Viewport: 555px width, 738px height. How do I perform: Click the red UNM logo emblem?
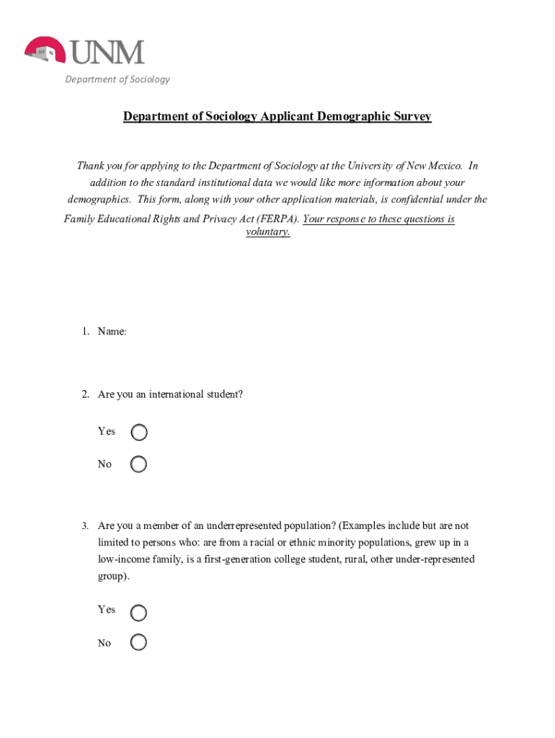pyautogui.click(x=45, y=51)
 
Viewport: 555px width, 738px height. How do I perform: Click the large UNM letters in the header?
pyautogui.click(x=108, y=53)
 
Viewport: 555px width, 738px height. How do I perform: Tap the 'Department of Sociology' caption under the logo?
pyautogui.click(x=117, y=79)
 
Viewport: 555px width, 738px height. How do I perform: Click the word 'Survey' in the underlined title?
pyautogui.click(x=412, y=117)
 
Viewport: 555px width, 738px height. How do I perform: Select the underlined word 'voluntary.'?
pyautogui.click(x=268, y=233)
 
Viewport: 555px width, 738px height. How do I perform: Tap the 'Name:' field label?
pyautogui.click(x=112, y=332)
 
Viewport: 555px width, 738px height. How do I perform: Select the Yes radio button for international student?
pyautogui.click(x=139, y=432)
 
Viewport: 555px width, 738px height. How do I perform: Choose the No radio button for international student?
pyautogui.click(x=139, y=464)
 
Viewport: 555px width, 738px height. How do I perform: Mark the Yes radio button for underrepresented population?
pyautogui.click(x=139, y=613)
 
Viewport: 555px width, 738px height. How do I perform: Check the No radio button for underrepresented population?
pyautogui.click(x=139, y=642)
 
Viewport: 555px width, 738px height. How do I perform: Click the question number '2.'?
pyautogui.click(x=85, y=395)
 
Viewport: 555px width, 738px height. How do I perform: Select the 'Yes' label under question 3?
pyautogui.click(x=106, y=610)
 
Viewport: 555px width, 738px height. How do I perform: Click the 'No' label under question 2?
pyautogui.click(x=105, y=464)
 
